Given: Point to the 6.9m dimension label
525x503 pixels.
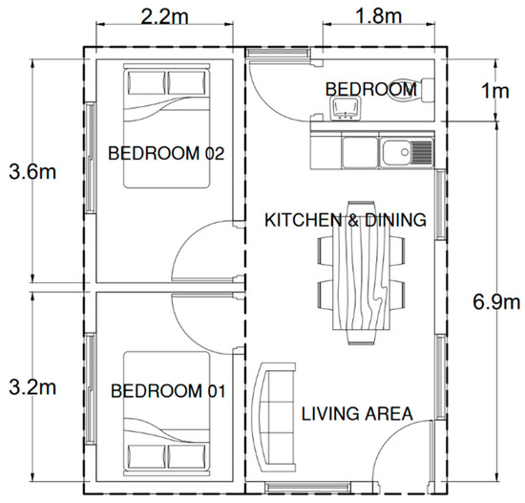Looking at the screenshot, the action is (x=496, y=301).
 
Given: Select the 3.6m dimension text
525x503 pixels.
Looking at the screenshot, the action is (x=32, y=172).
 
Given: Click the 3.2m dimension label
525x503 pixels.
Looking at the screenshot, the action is (x=32, y=387).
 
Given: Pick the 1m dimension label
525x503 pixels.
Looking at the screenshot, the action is (x=495, y=91).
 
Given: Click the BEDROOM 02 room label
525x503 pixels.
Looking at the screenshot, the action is (x=166, y=153).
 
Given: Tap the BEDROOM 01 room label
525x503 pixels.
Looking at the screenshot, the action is (x=168, y=391).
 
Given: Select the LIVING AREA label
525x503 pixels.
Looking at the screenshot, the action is (x=357, y=413).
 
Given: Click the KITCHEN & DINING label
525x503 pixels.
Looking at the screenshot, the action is (x=346, y=220).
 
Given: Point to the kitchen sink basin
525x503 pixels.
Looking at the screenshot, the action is (x=397, y=153).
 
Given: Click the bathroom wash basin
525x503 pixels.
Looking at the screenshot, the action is (x=345, y=108).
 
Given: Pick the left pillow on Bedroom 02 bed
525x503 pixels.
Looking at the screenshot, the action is (x=147, y=83).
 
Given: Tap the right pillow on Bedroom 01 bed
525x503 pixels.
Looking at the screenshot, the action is (x=186, y=457).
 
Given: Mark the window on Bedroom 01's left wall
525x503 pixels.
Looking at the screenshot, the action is (x=90, y=388).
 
